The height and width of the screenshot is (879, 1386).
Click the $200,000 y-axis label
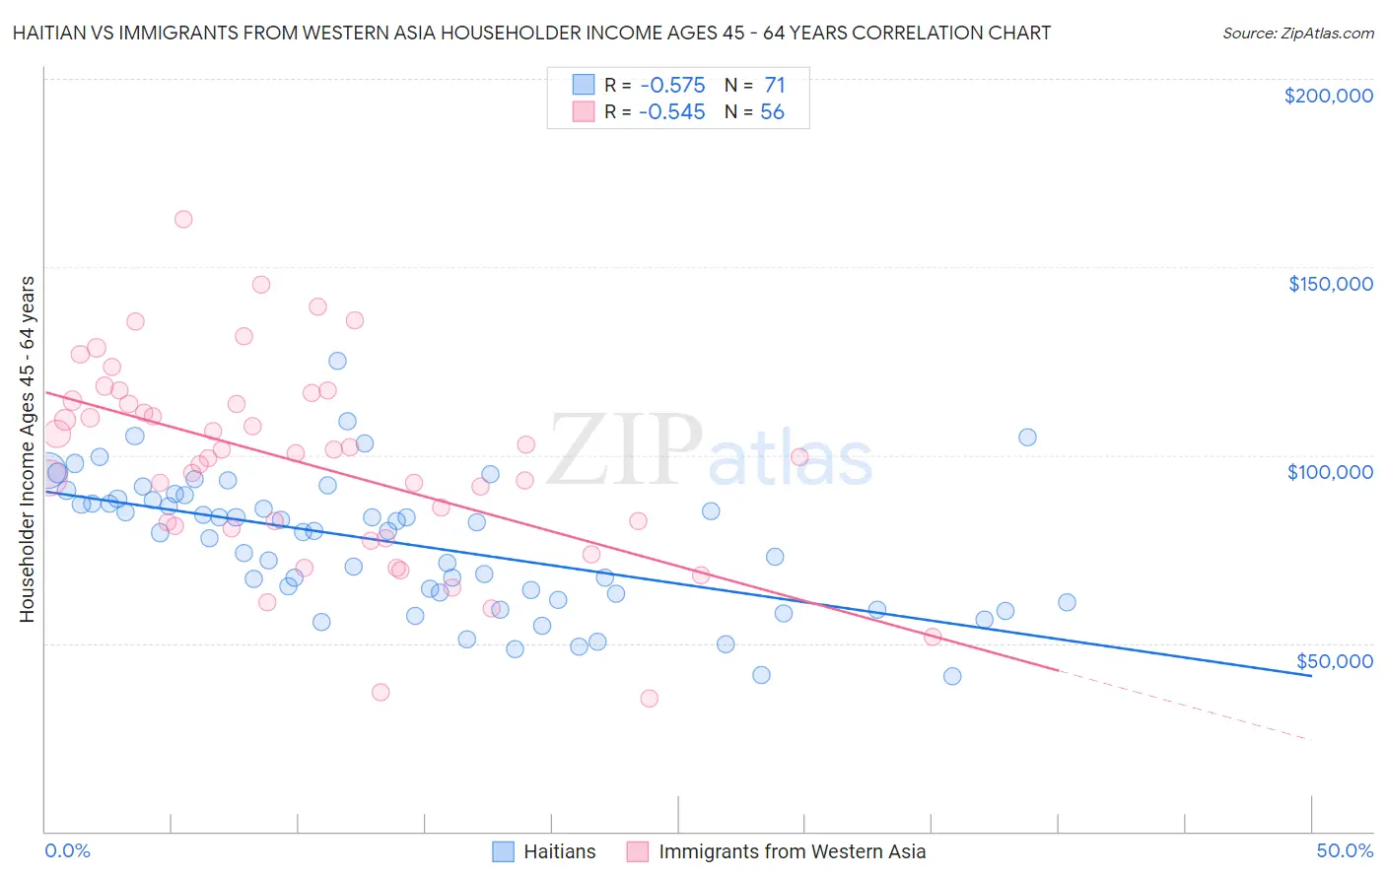point(1328,96)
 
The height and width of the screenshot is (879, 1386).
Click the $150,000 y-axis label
point(1330,284)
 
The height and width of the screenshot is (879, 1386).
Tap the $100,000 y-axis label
point(1330,472)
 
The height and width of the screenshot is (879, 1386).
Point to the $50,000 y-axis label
point(1334,660)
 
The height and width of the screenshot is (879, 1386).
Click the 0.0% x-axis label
point(67,850)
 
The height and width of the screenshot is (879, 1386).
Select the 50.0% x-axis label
point(1345,850)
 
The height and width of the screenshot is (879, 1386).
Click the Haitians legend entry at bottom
point(559,851)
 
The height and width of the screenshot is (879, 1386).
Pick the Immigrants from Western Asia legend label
point(792,851)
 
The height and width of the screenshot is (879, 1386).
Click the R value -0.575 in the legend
point(671,86)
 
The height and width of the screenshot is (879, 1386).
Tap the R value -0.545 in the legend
point(671,112)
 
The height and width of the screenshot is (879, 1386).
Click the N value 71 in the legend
point(774,86)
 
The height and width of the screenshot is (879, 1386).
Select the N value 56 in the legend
point(772,112)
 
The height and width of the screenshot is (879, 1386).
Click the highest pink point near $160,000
point(183,220)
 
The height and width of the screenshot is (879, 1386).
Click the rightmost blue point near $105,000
point(1027,438)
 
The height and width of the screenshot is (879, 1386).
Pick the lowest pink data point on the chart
point(649,699)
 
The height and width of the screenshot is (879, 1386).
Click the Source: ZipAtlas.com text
point(1297,33)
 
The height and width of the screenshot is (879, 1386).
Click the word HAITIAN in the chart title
point(47,33)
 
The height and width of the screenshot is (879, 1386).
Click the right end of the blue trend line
point(1310,675)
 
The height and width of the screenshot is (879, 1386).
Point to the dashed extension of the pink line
point(1183,705)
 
